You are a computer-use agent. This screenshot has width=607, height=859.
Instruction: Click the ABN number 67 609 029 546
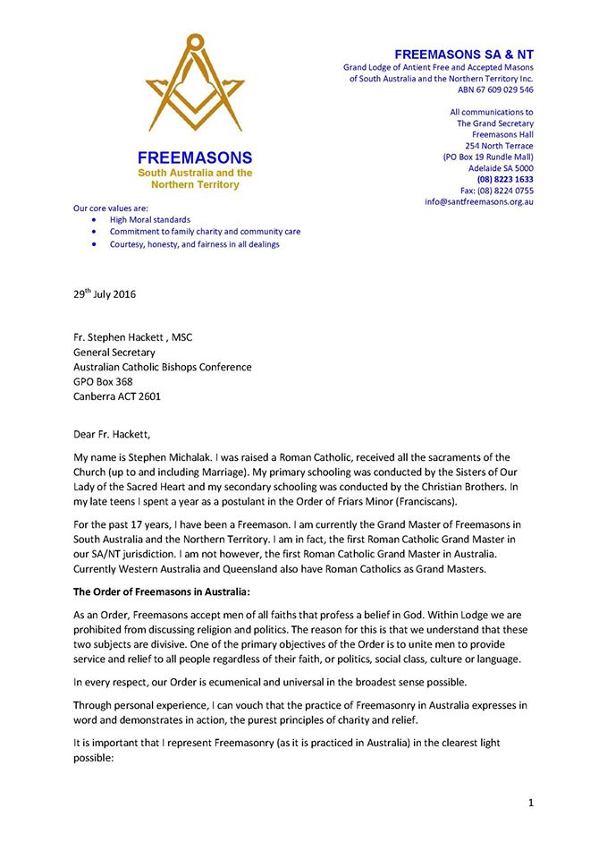tap(502, 89)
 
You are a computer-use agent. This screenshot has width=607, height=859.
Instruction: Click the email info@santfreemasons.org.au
tap(479, 202)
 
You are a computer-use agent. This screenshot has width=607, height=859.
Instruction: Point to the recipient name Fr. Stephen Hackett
tap(132, 336)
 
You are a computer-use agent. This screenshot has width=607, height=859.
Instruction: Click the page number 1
tap(530, 803)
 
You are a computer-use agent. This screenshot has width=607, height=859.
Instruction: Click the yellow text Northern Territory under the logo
tap(194, 184)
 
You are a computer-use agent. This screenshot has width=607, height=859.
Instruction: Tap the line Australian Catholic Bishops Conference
tap(162, 367)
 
